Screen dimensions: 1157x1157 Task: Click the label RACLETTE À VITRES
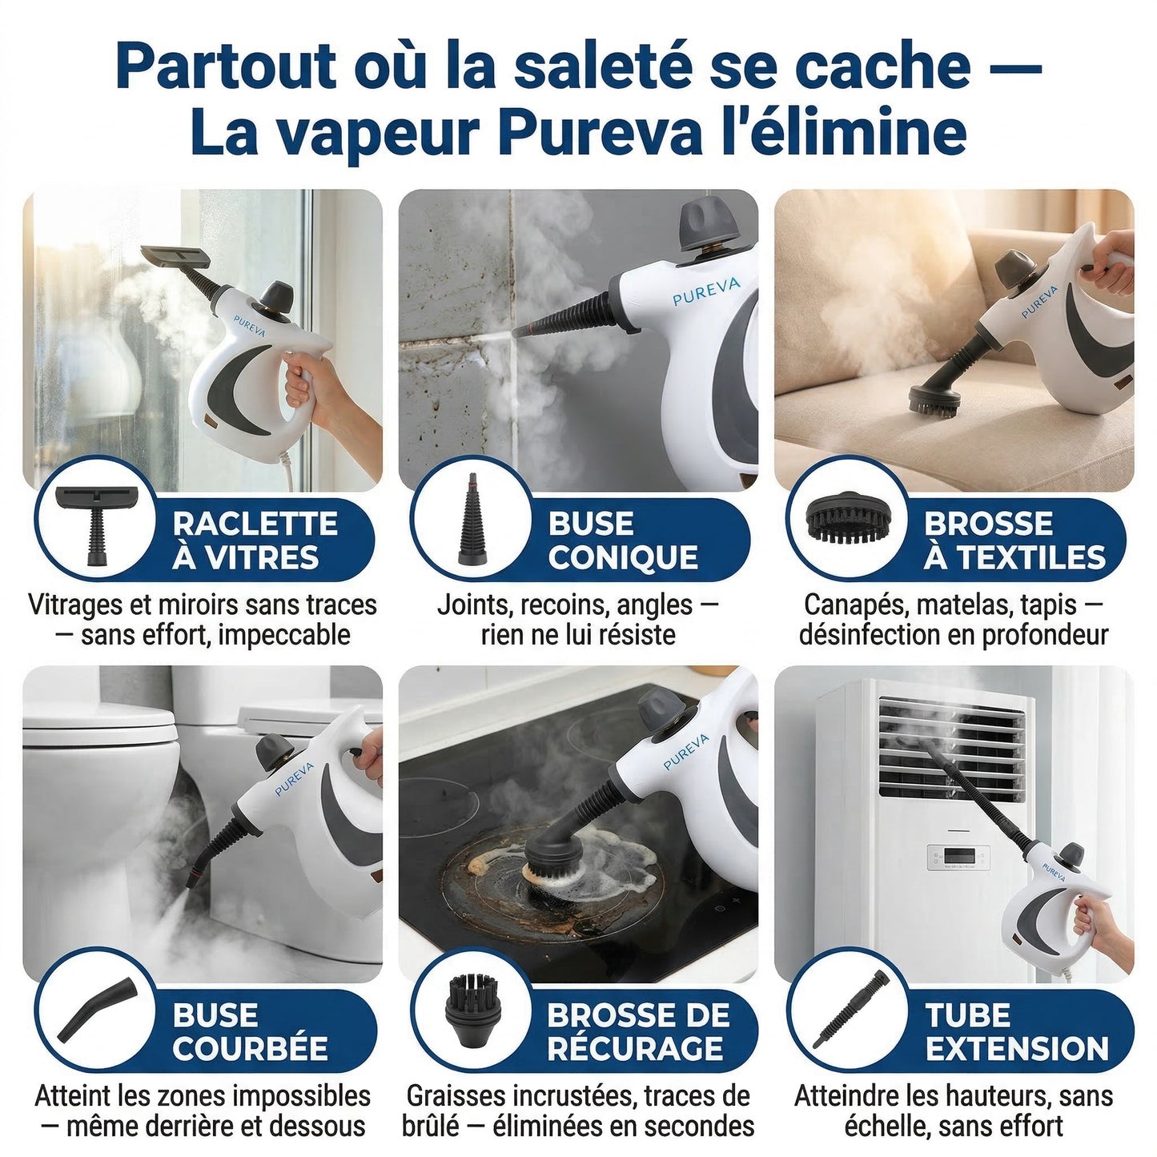[255, 540]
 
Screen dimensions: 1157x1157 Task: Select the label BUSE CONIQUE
[622, 540]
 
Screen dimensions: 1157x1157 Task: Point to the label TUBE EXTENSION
[1017, 1032]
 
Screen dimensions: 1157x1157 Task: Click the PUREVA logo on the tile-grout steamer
[705, 291]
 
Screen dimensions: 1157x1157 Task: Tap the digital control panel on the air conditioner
[958, 858]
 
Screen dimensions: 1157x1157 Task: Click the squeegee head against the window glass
[176, 256]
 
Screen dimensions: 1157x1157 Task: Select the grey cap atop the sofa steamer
[1015, 266]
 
